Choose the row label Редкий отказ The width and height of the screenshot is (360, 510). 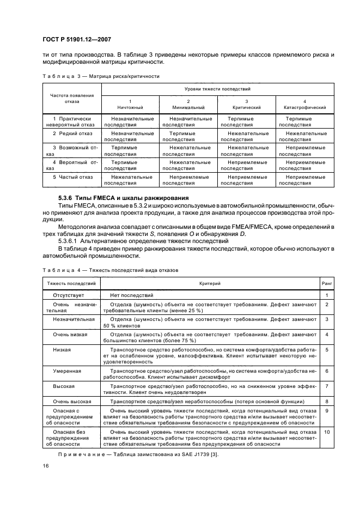click(72, 133)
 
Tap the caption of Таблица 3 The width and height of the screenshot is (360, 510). click(100, 76)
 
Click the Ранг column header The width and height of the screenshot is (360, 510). click(327, 283)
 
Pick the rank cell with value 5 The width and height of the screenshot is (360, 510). click(327, 349)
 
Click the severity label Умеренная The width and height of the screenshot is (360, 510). click(67, 371)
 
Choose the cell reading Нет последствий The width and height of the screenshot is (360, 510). click(132, 295)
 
